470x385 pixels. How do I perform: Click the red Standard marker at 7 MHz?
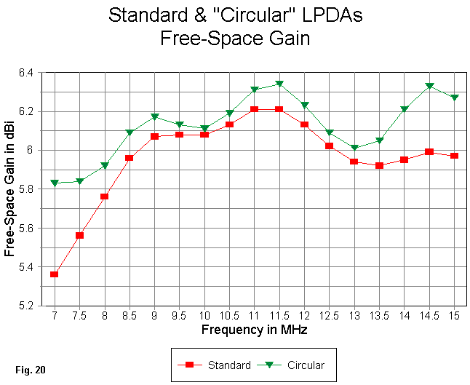pos(55,274)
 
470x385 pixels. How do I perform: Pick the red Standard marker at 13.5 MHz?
pos(379,165)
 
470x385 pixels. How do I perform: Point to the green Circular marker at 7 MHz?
pos(55,183)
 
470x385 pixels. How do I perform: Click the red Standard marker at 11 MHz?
pos(255,109)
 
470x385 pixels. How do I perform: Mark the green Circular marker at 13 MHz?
pos(354,148)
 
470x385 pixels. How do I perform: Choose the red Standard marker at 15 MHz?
pos(455,156)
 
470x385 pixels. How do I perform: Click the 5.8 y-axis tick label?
pos(32,189)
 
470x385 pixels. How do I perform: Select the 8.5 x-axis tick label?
pos(130,317)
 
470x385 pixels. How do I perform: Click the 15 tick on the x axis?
pos(455,317)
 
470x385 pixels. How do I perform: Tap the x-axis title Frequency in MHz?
pos(254,330)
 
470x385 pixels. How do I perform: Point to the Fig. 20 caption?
pos(30,370)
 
